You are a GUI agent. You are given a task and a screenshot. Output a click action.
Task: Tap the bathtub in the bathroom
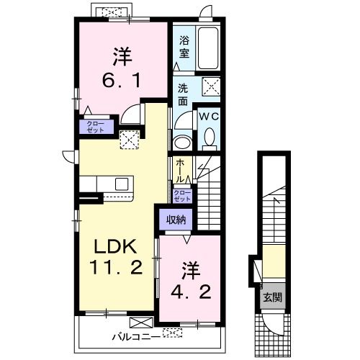click(x=208, y=48)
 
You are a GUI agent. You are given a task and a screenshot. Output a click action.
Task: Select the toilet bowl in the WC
click(x=210, y=137)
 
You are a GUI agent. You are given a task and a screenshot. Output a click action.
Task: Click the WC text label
click(x=210, y=117)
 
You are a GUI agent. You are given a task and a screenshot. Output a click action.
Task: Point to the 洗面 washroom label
click(x=183, y=95)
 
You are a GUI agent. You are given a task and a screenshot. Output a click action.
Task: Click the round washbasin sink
click(x=182, y=143)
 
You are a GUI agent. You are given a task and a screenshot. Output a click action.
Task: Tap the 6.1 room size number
click(x=121, y=81)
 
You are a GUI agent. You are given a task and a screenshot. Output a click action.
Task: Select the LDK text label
click(x=115, y=247)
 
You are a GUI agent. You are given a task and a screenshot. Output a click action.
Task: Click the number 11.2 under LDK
click(x=116, y=267)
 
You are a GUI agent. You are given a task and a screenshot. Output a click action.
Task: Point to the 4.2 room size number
click(x=191, y=292)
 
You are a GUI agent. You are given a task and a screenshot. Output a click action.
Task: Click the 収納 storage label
click(x=176, y=220)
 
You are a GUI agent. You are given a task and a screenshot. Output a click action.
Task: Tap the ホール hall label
click(x=180, y=171)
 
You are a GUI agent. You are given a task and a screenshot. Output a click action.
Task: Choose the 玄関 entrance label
click(x=272, y=298)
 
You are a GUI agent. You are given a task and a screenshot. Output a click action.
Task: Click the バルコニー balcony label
click(x=136, y=337)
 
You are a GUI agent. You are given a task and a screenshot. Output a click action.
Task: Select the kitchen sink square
click(x=122, y=184)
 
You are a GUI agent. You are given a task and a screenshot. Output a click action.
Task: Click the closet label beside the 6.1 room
click(x=96, y=127)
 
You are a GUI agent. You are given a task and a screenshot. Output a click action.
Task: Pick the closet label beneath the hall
click(x=182, y=196)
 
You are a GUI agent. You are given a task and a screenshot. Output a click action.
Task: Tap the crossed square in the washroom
click(x=211, y=86)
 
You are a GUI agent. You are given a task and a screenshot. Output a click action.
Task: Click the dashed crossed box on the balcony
click(x=172, y=333)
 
